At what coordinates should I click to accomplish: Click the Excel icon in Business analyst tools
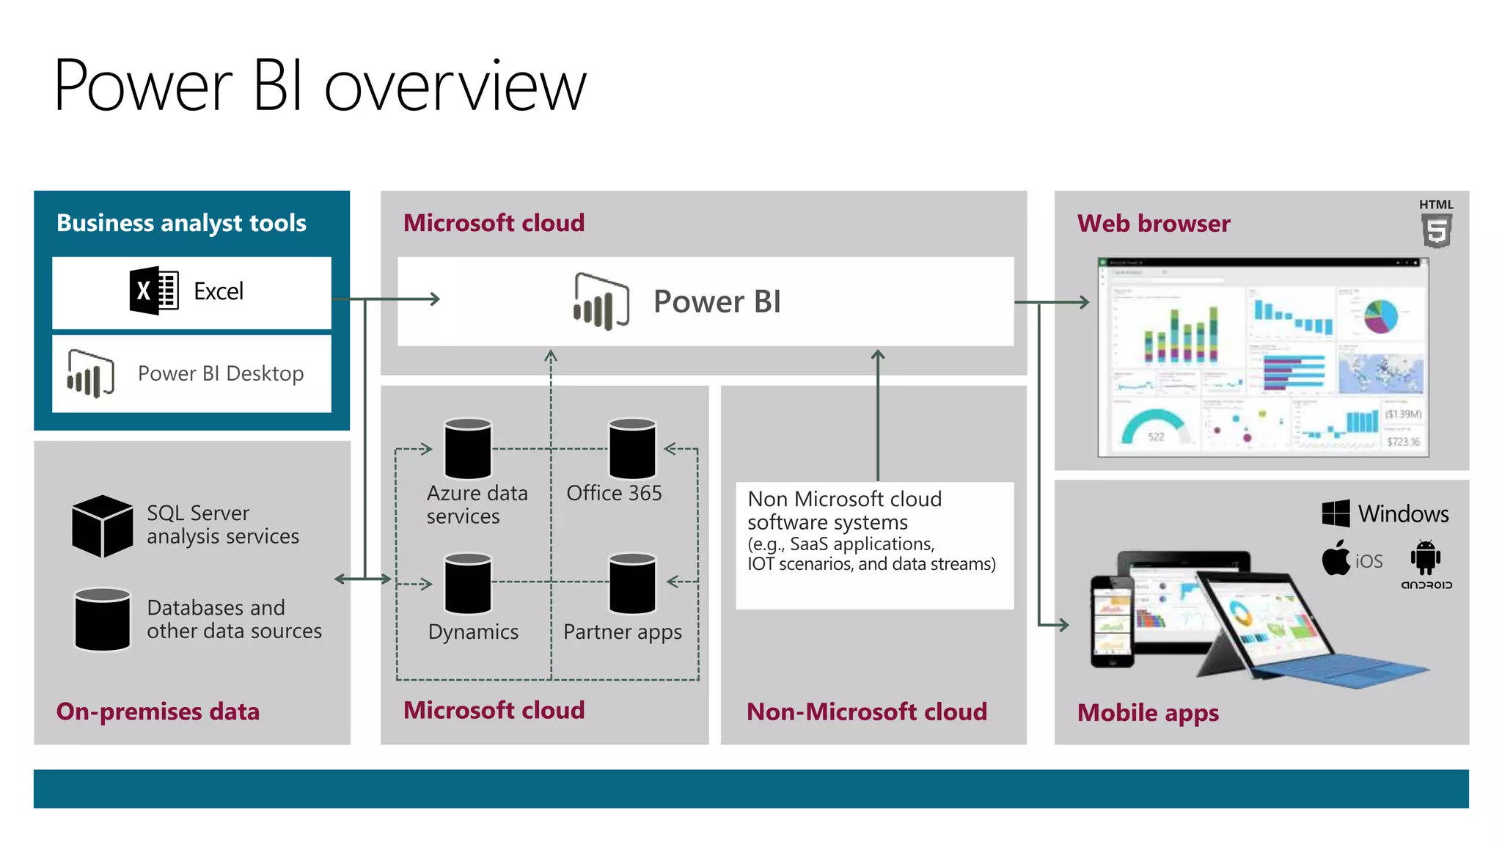(x=154, y=290)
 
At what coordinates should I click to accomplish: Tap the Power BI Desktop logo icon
(x=90, y=373)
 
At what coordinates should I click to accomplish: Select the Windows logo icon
(x=1336, y=513)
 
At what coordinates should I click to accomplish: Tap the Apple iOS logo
(x=1336, y=559)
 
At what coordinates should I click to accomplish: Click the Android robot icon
(x=1425, y=557)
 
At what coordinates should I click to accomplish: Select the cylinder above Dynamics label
(x=468, y=584)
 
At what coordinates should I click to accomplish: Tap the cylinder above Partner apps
(x=632, y=584)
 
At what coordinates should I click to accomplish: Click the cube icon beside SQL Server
(x=102, y=526)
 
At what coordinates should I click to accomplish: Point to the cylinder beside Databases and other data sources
(x=102, y=619)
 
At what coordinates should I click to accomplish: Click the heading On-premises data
(x=158, y=712)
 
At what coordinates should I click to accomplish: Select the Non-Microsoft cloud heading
(x=866, y=712)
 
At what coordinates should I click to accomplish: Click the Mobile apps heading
(x=1148, y=712)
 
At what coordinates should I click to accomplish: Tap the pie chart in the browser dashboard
(x=1380, y=316)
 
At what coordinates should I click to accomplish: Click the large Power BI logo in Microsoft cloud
(x=601, y=301)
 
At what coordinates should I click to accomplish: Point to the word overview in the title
(x=455, y=87)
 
